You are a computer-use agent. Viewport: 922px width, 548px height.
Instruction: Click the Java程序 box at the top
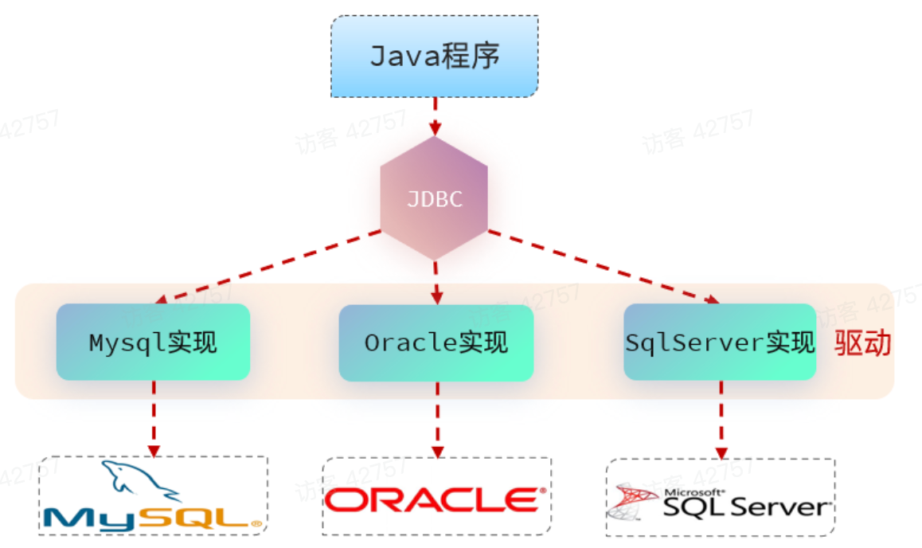tap(435, 57)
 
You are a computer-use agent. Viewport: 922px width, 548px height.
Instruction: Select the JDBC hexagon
tap(434, 198)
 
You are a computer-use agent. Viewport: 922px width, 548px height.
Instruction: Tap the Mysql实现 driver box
tap(153, 342)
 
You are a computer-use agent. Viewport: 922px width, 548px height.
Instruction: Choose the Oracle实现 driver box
tap(436, 342)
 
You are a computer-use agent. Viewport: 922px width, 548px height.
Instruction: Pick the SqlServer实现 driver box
tap(720, 342)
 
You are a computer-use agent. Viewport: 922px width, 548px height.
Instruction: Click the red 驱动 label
tap(862, 343)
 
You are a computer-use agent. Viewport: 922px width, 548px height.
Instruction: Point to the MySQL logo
tap(152, 497)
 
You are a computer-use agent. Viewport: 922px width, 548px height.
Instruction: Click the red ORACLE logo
tap(436, 499)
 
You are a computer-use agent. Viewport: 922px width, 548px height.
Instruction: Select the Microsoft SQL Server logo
tap(720, 499)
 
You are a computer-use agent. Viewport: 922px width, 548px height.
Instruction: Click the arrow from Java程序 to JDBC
tap(435, 115)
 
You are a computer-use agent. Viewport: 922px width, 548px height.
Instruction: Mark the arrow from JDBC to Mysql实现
tap(271, 266)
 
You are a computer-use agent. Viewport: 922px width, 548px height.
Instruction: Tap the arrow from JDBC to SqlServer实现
tap(601, 267)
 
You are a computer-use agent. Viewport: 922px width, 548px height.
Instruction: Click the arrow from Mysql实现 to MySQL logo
tap(154, 418)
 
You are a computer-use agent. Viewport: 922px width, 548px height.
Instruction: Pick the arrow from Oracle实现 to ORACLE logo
tap(436, 418)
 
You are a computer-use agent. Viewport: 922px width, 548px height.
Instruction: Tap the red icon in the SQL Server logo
tap(632, 500)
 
